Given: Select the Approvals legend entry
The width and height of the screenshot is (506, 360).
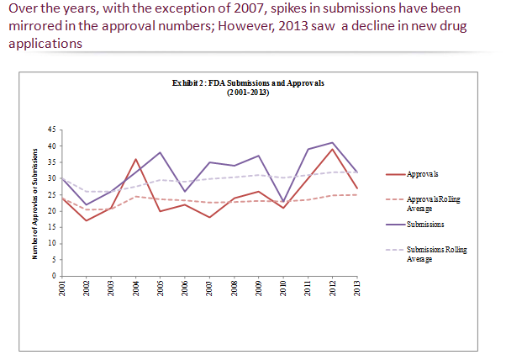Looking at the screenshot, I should [x=421, y=174].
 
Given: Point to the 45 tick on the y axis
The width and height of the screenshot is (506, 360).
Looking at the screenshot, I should [x=50, y=130].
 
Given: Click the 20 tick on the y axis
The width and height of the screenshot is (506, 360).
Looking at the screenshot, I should [x=50, y=211].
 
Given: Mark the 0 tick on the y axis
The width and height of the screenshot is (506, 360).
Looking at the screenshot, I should [x=52, y=276].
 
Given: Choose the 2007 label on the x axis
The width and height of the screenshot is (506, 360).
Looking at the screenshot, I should [x=208, y=289].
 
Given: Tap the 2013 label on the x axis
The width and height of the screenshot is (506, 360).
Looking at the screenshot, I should [x=357, y=289].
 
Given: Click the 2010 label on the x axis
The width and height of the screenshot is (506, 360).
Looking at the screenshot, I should [x=283, y=289].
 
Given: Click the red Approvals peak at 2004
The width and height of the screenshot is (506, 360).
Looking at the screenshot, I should [x=135, y=159].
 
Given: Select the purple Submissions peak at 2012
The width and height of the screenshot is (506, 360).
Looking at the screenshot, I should [x=333, y=143].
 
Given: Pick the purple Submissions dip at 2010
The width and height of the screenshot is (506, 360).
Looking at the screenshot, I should [x=283, y=201].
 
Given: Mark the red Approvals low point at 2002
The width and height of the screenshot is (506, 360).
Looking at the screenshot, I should [x=86, y=220].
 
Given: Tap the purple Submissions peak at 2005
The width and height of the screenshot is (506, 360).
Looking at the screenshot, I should [x=160, y=152].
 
